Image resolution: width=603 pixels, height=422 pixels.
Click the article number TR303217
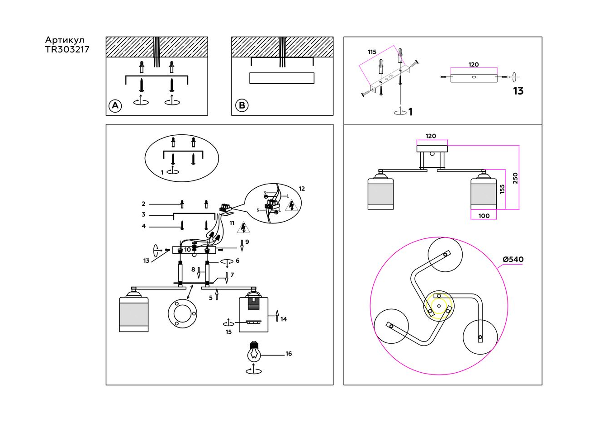pyautogui.click(x=67, y=49)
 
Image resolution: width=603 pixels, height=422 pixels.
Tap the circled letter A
pyautogui.click(x=115, y=105)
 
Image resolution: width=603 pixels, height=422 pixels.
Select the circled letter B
pyautogui.click(x=242, y=105)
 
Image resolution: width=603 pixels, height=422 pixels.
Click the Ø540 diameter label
pyautogui.click(x=513, y=260)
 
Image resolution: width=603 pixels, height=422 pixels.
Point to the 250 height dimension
pyautogui.click(x=515, y=178)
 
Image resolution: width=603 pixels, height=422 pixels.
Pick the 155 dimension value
pyautogui.click(x=502, y=189)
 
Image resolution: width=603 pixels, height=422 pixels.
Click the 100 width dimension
pyautogui.click(x=484, y=216)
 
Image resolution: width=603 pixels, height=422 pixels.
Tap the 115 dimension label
pyautogui.click(x=372, y=52)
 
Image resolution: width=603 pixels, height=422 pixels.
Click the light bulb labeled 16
pyautogui.click(x=254, y=352)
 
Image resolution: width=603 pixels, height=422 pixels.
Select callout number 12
pyautogui.click(x=302, y=189)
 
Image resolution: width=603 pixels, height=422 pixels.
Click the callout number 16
pyautogui.click(x=289, y=354)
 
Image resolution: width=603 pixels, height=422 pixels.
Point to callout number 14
pyautogui.click(x=284, y=319)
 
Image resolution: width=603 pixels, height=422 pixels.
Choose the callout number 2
pyautogui.click(x=143, y=204)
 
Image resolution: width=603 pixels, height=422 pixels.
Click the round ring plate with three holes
pyautogui.click(x=182, y=313)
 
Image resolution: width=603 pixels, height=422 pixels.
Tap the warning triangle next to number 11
pyautogui.click(x=243, y=227)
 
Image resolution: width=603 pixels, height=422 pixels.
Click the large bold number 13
pyautogui.click(x=518, y=91)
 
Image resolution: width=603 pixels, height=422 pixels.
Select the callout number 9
pyautogui.click(x=247, y=242)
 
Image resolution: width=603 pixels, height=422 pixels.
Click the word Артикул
pyautogui.click(x=65, y=40)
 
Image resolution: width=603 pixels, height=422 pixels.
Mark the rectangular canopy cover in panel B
pyautogui.click(x=281, y=78)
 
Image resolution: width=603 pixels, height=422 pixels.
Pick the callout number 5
pyautogui.click(x=211, y=298)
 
